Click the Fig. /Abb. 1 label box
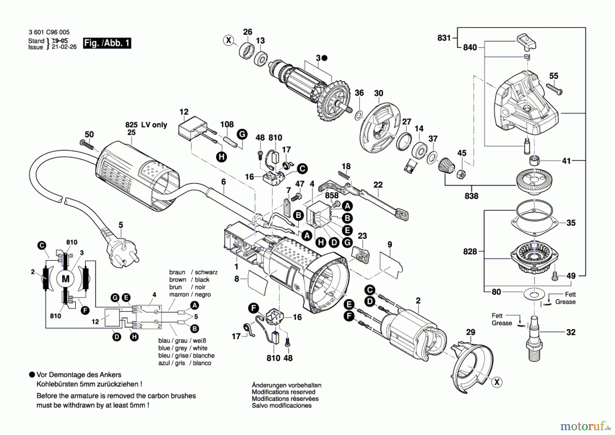click(x=107, y=43)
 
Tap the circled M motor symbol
click(x=65, y=279)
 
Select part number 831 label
click(x=444, y=38)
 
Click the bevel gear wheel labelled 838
click(x=534, y=180)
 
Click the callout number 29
click(x=470, y=332)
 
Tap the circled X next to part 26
click(x=229, y=40)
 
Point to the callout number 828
click(x=470, y=252)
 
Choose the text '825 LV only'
click(x=146, y=125)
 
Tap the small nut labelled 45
click(x=461, y=174)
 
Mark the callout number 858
click(x=331, y=195)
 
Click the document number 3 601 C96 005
click(x=49, y=32)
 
